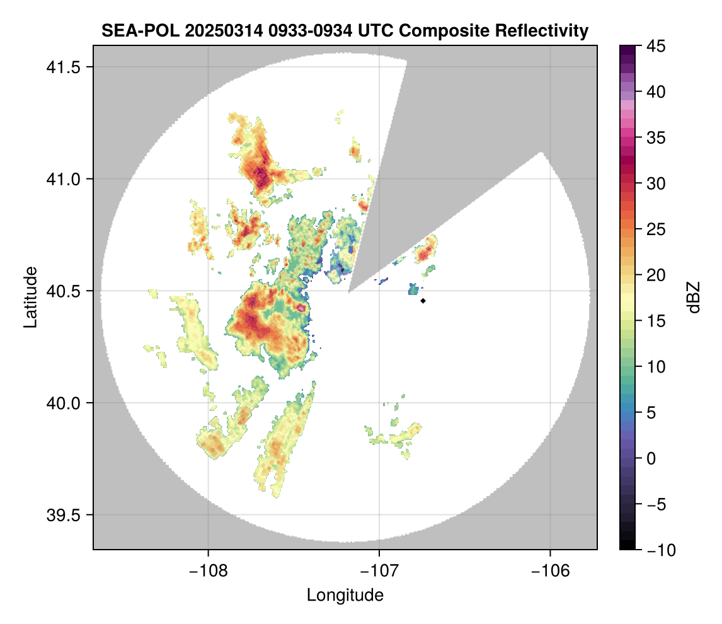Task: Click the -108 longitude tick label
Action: coord(208,571)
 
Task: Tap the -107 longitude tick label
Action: coord(379,571)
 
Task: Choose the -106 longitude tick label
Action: coord(551,571)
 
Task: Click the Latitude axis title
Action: coord(30,297)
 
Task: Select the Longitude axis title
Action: coord(345,595)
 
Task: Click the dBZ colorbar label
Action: coord(694,298)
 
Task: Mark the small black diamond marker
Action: coord(423,301)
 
